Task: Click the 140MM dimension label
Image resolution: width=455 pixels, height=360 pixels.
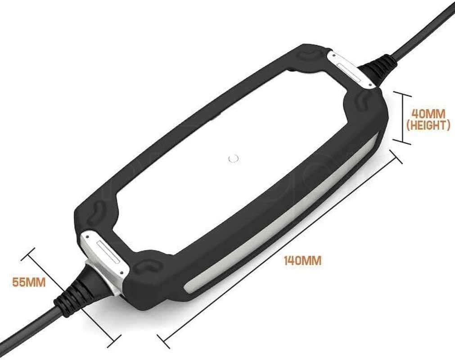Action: point(302,260)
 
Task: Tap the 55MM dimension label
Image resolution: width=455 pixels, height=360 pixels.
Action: point(29,283)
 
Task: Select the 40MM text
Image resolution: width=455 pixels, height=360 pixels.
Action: point(428,112)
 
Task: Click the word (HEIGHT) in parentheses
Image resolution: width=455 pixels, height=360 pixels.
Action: point(428,125)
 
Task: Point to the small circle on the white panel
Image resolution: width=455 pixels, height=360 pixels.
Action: point(233,158)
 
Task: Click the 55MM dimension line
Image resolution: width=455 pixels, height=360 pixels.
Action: point(72,292)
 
